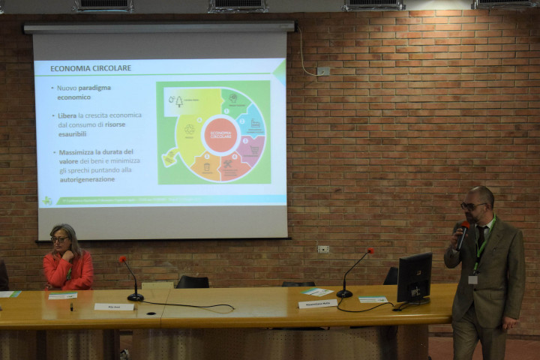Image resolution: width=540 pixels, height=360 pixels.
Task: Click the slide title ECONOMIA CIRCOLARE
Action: coord(91,68)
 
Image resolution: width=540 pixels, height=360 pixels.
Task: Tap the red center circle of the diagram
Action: coord(220,135)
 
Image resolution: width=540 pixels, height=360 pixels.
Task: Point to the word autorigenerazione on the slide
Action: coord(87,179)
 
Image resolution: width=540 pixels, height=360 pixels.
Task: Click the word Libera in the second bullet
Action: coord(67,115)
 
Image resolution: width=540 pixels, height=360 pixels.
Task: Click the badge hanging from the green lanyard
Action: coord(472,279)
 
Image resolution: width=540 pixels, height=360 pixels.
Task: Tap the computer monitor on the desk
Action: coord(414,277)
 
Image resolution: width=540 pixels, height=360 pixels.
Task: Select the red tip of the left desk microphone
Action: coord(122,259)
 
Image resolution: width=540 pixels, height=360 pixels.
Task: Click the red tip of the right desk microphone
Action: coord(370,251)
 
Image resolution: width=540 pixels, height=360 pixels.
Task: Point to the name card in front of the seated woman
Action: coord(113,307)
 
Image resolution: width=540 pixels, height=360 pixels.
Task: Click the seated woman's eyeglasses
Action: coord(59,239)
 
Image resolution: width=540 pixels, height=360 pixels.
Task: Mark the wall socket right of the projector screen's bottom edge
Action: coord(322,249)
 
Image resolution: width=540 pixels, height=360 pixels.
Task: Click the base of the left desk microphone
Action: coord(135,298)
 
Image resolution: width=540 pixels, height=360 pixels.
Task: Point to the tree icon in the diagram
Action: coord(179,100)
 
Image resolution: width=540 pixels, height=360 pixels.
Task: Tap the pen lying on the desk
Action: coord(72,306)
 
